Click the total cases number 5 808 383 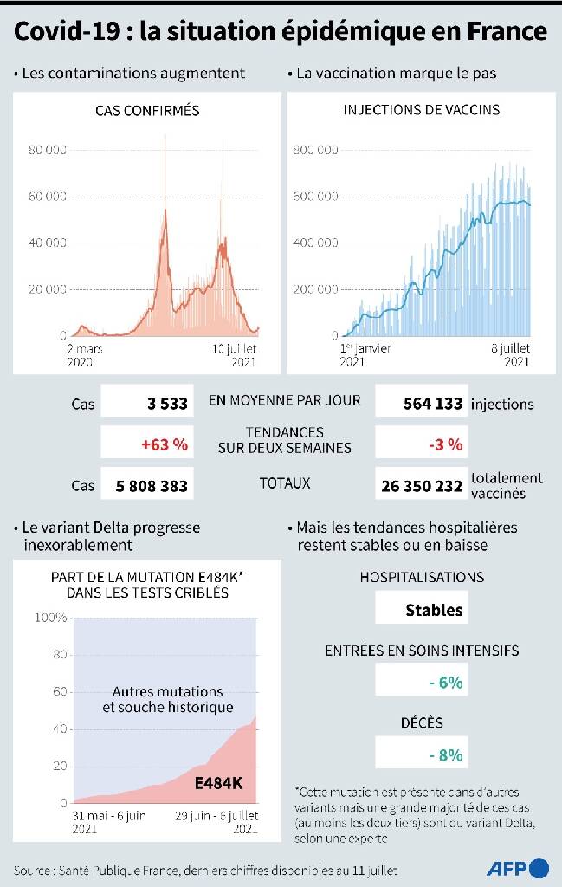pos(152,486)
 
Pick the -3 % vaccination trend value pos(445,445)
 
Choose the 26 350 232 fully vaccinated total pos(422,486)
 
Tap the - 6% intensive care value pos(445,683)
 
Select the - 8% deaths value pos(445,754)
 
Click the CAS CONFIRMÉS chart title pos(147,111)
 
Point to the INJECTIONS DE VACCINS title pos(421,111)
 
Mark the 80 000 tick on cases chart pos(48,150)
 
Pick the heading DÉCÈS pos(421,722)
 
